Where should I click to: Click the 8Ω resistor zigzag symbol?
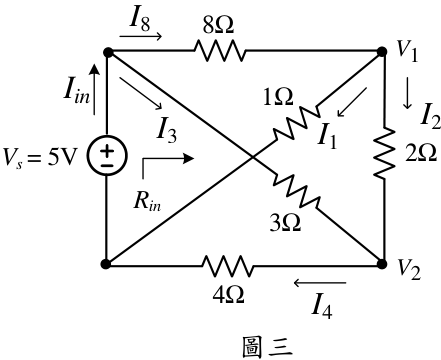pyautogui.click(x=219, y=51)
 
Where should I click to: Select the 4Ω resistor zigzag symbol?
pyautogui.click(x=228, y=266)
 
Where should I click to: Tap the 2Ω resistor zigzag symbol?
pyautogui.click(x=384, y=152)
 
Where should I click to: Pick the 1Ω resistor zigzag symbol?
pyautogui.click(x=295, y=123)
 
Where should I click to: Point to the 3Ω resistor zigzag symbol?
pyautogui.click(x=296, y=191)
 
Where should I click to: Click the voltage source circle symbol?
pyautogui.click(x=107, y=156)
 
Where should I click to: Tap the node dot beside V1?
pyautogui.click(x=382, y=52)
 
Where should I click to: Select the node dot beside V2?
pyautogui.click(x=382, y=264)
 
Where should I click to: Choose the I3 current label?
pyautogui.click(x=167, y=131)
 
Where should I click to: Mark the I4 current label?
pyautogui.click(x=322, y=307)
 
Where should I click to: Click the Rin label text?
pyautogui.click(x=147, y=202)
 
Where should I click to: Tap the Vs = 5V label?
pyautogui.click(x=40, y=157)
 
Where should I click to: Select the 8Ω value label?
pyautogui.click(x=218, y=25)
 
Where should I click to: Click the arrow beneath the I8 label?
pyautogui.click(x=141, y=36)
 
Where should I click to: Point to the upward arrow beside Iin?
pyautogui.click(x=94, y=89)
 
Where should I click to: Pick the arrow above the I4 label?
pyautogui.click(x=319, y=283)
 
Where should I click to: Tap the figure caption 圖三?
pyautogui.click(x=267, y=347)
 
